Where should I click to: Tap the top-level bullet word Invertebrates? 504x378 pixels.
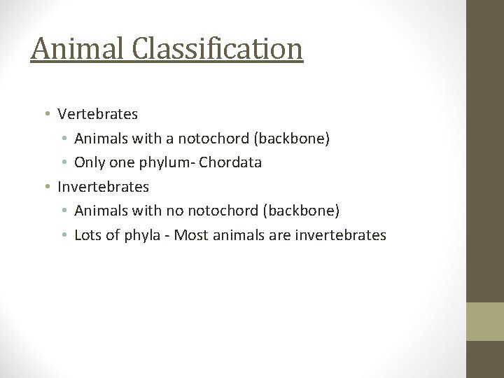pos(104,187)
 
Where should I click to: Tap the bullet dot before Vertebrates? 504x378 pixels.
pos(45,113)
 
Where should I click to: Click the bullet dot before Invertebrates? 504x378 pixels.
pos(45,187)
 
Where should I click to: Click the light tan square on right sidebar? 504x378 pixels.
pos(485,321)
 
